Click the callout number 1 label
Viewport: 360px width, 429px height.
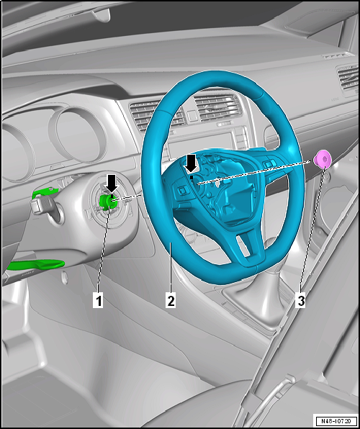(x=98, y=300)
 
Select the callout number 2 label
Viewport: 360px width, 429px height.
(x=171, y=300)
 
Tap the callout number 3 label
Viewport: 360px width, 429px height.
(x=300, y=300)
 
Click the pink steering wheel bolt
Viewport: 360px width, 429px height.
(x=323, y=158)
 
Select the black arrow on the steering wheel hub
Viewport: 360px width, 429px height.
(x=191, y=164)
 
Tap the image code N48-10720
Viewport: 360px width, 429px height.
(x=336, y=420)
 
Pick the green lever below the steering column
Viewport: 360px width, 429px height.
(x=35, y=265)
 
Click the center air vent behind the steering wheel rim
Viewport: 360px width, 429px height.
(x=216, y=107)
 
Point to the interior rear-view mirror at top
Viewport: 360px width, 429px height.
(x=102, y=15)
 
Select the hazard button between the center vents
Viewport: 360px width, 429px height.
(x=192, y=116)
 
